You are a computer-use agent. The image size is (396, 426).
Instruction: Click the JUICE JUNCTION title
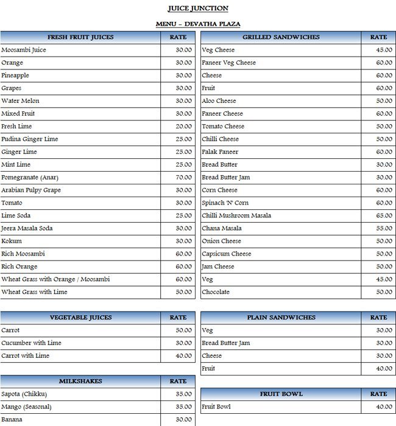[x=198, y=9]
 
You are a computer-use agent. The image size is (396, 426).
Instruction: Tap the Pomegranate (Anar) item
[x=30, y=177]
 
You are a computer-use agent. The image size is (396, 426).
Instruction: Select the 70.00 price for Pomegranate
[x=183, y=177]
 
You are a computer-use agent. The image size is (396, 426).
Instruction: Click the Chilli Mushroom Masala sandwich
[x=236, y=215]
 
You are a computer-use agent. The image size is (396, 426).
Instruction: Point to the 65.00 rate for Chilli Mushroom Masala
[x=384, y=215]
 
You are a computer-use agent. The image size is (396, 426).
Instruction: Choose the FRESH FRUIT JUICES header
[x=80, y=37]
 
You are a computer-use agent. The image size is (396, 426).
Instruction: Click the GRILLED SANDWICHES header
[x=281, y=37]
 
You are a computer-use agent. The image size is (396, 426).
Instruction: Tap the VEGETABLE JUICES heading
[x=80, y=317]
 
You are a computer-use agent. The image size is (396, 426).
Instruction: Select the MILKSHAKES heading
[x=80, y=381]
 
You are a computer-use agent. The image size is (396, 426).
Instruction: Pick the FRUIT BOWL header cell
[x=281, y=394]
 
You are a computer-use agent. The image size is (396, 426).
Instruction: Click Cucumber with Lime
[x=31, y=343]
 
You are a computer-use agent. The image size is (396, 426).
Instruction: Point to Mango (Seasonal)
[x=26, y=407]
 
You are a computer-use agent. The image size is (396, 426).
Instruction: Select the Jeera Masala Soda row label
[x=27, y=228]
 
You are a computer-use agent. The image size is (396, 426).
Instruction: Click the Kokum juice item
[x=12, y=241]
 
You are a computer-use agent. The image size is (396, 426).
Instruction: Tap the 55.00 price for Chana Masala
[x=384, y=228]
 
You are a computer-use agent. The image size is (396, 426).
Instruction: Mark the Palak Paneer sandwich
[x=220, y=152]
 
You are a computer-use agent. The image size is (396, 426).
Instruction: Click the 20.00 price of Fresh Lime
[x=183, y=126]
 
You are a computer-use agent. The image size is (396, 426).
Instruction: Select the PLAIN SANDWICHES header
[x=281, y=317]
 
